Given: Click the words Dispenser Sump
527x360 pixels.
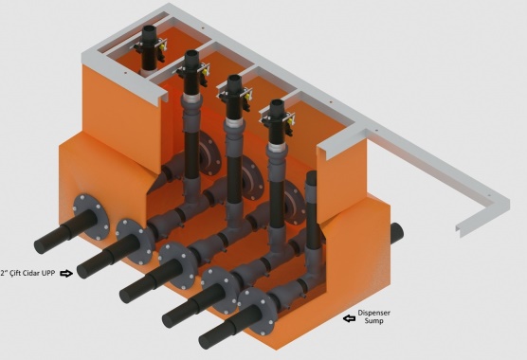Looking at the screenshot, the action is click(x=373, y=316).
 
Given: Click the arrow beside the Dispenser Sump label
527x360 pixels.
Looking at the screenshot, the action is click(x=349, y=318).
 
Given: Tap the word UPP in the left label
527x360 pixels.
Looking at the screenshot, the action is click(x=48, y=273).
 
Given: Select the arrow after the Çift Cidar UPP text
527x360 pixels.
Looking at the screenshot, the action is click(x=66, y=274).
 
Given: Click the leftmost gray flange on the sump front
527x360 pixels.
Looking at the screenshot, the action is click(x=90, y=217).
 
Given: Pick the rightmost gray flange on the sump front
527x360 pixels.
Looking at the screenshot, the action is click(x=257, y=311).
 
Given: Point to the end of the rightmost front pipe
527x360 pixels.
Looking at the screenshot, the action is click(x=206, y=342).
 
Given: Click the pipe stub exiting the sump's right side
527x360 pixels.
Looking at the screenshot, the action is click(x=397, y=233).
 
